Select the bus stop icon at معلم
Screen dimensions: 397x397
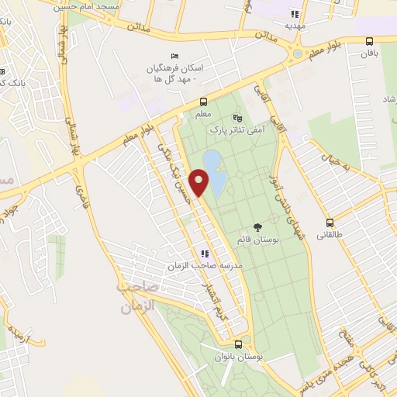click(203, 102)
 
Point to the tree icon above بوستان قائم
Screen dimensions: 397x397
click(257, 227)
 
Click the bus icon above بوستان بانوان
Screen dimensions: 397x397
click(238, 343)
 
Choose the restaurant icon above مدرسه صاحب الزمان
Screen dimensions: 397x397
click(204, 254)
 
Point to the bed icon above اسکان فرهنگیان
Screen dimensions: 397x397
click(174, 56)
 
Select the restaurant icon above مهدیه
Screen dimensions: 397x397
click(294, 14)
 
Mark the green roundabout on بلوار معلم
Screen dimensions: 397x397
click(298, 54)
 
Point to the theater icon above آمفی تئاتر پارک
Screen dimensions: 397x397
click(237, 119)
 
